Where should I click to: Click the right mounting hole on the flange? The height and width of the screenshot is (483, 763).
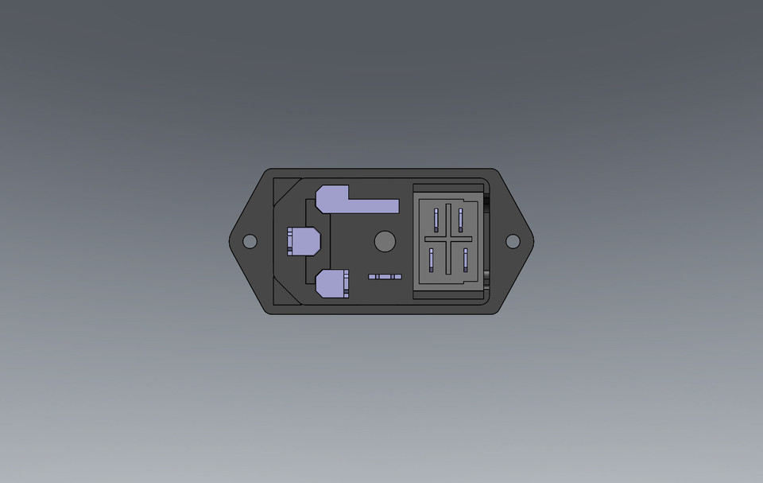[x=513, y=241]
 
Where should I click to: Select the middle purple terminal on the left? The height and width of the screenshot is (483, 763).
[x=305, y=241]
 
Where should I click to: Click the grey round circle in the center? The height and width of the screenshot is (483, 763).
[x=385, y=242]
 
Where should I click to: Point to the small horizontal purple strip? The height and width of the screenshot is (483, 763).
[x=385, y=276]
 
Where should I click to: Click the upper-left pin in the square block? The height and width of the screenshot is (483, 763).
[x=436, y=220]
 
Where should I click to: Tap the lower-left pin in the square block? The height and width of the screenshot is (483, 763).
[x=432, y=258]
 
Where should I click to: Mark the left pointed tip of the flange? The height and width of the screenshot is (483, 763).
[x=231, y=240]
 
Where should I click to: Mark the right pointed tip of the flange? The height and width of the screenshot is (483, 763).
[x=531, y=240]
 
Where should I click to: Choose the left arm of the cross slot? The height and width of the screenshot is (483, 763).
[x=434, y=239]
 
